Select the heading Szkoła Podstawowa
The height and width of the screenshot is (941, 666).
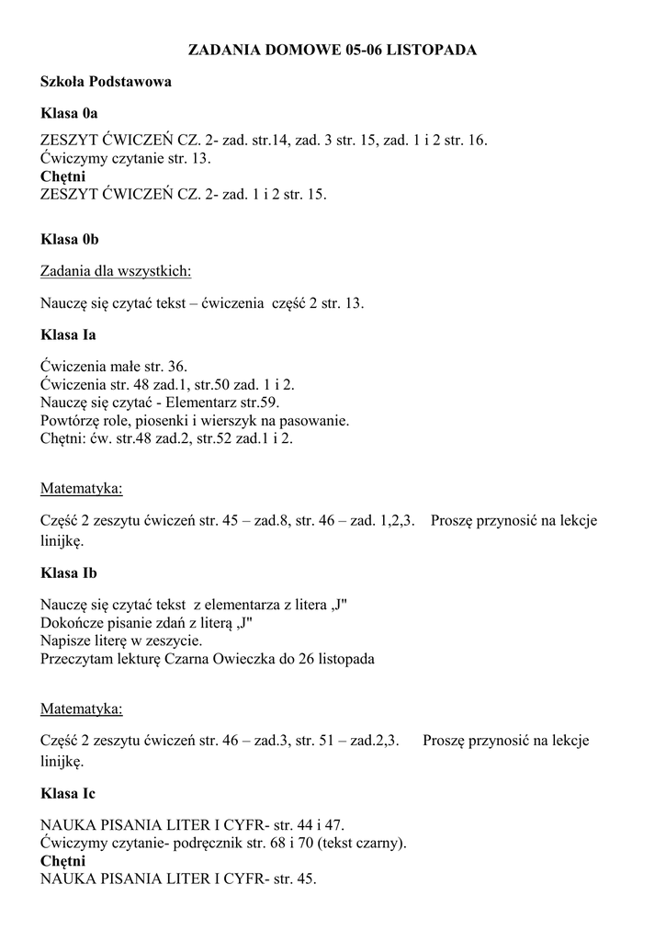point(106,82)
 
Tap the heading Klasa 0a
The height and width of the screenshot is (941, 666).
point(69,114)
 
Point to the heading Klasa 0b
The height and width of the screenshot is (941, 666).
point(70,239)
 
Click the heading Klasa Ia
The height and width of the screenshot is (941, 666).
point(68,335)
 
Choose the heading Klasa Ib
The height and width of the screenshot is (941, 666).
point(69,573)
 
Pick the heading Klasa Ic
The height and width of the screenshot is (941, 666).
point(68,793)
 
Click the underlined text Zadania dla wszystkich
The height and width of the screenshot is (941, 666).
point(116,271)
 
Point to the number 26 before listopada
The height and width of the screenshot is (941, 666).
point(306,659)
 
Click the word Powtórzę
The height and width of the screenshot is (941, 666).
point(71,421)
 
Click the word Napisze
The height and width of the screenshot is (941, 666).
point(65,641)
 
